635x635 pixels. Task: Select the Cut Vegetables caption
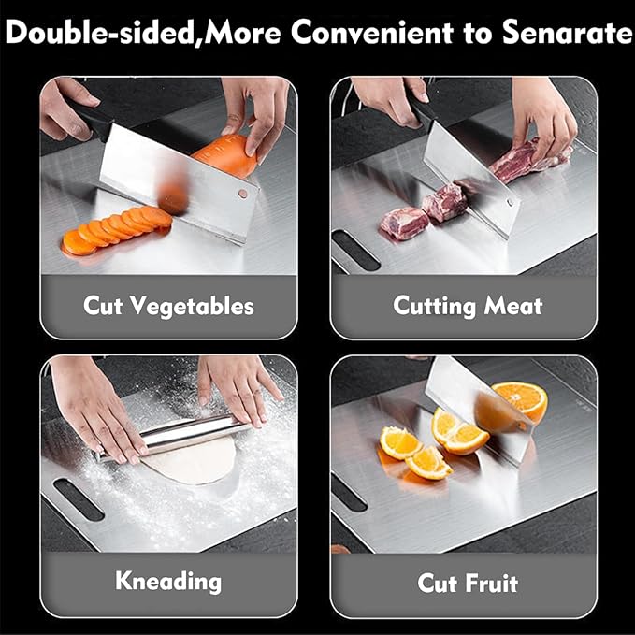tap(168, 305)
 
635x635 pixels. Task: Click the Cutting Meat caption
tap(468, 305)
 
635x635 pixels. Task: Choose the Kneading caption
tap(168, 581)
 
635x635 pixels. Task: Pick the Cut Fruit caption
tap(468, 584)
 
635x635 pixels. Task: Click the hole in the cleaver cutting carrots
tap(242, 195)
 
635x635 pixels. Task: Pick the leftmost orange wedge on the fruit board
tap(399, 440)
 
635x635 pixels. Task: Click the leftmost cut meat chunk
tap(403, 223)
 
